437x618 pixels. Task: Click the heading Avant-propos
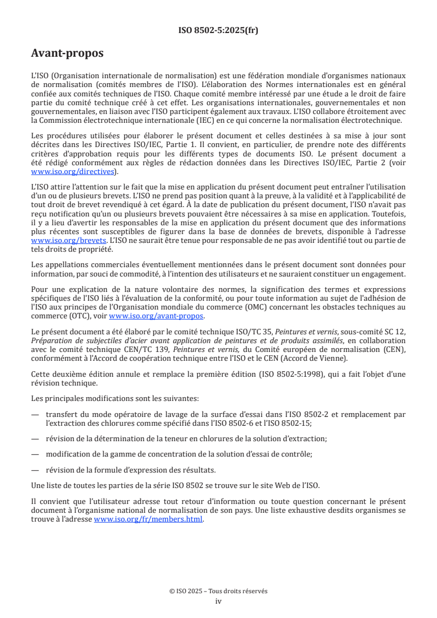pos(67,53)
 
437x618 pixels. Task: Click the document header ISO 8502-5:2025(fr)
pos(218,30)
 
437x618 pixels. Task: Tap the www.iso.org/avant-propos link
pos(157,316)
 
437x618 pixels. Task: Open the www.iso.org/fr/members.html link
pos(149,518)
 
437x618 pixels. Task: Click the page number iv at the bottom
pos(218,601)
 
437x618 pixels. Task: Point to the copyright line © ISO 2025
pos(218,591)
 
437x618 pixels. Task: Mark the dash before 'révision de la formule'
pos(35,469)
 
